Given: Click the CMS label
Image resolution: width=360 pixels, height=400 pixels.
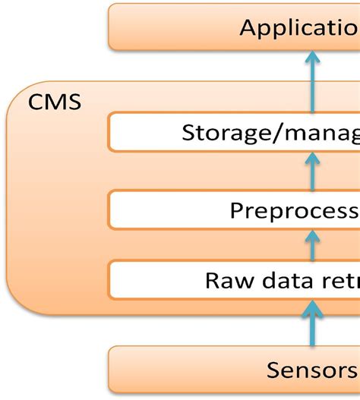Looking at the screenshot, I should click(55, 101).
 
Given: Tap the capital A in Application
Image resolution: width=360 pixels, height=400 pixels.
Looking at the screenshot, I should click(249, 28).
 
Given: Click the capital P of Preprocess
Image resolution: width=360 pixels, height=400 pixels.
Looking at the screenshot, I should click(237, 210).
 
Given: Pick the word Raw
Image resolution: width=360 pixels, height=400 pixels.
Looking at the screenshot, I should click(223, 280).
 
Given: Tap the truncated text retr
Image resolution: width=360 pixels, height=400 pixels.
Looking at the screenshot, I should click(335, 280).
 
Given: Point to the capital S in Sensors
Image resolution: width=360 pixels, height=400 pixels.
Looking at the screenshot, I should click(274, 370).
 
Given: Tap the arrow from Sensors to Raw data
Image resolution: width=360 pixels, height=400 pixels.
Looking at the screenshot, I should click(312, 319).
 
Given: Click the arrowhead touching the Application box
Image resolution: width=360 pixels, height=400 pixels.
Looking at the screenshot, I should click(312, 58).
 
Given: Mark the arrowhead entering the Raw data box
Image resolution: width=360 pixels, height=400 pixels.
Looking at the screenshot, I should click(312, 306).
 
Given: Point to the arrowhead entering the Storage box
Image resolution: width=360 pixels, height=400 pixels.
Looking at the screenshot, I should click(312, 159).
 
